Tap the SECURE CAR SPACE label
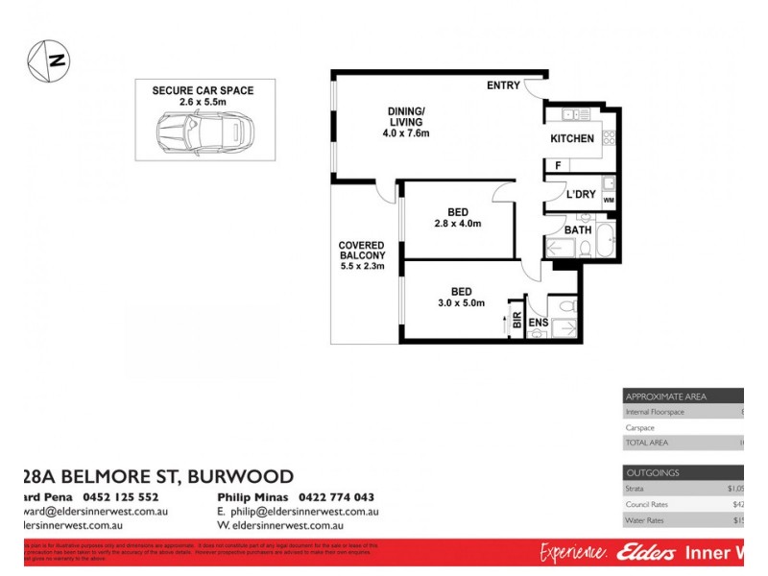203,90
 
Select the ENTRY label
503,86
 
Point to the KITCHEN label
572,139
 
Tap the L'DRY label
581,195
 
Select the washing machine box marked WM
608,200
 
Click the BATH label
578,230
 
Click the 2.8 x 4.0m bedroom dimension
457,224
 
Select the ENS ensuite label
539,323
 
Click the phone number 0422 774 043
335,497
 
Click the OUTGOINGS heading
653,473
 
